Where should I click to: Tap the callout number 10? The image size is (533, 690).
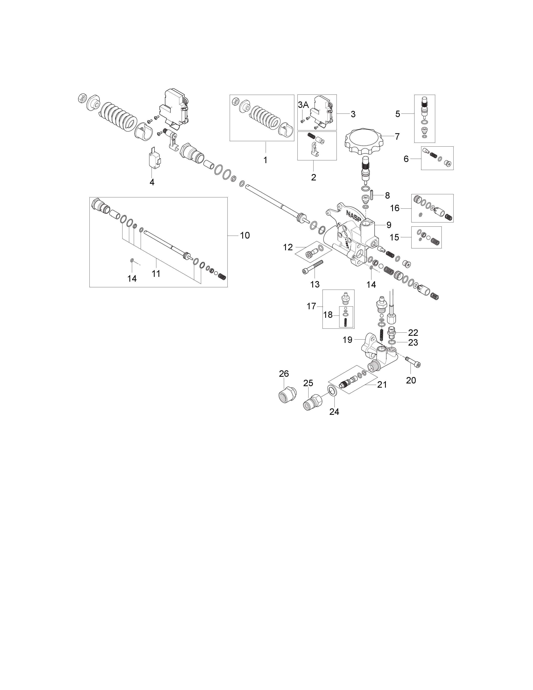pos(245,235)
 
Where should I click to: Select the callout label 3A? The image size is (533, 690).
pos(303,105)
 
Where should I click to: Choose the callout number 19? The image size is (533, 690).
pos(347,340)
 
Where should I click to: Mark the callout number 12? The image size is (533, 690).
pos(288,247)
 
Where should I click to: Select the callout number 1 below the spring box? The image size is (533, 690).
pos(265,160)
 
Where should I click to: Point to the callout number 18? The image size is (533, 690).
pos(328,315)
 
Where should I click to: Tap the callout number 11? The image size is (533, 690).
pos(156,274)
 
